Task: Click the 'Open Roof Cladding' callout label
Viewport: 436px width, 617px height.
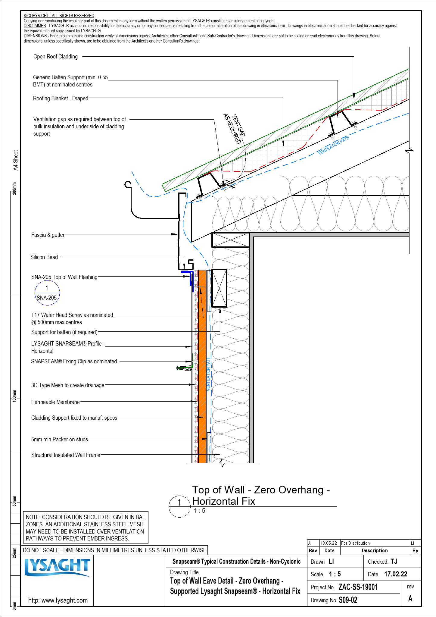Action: coord(55,57)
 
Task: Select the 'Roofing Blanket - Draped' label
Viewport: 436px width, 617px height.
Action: coord(61,99)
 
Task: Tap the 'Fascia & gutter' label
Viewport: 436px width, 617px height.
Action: coord(48,235)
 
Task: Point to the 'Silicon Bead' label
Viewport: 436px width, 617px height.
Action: coord(44,257)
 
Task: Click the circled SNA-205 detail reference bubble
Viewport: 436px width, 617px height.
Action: coord(47,293)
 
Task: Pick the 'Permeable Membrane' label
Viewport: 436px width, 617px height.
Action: coord(55,402)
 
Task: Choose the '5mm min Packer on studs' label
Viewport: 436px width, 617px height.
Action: coord(60,440)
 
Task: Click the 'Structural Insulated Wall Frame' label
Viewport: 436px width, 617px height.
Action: coord(66,455)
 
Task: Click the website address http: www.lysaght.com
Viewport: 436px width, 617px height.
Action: coord(58,600)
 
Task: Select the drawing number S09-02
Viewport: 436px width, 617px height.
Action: coord(348,600)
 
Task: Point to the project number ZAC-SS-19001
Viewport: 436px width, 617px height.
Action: coord(358,587)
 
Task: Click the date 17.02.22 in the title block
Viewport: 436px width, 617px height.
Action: coord(396,574)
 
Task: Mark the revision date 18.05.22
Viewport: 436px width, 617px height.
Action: coord(329,543)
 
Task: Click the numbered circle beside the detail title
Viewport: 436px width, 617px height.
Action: coord(179,507)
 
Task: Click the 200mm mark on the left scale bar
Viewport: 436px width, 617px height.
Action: coord(14,188)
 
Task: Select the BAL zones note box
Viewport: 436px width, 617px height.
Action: coord(86,528)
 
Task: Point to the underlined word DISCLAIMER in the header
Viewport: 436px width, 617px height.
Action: coord(35,26)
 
